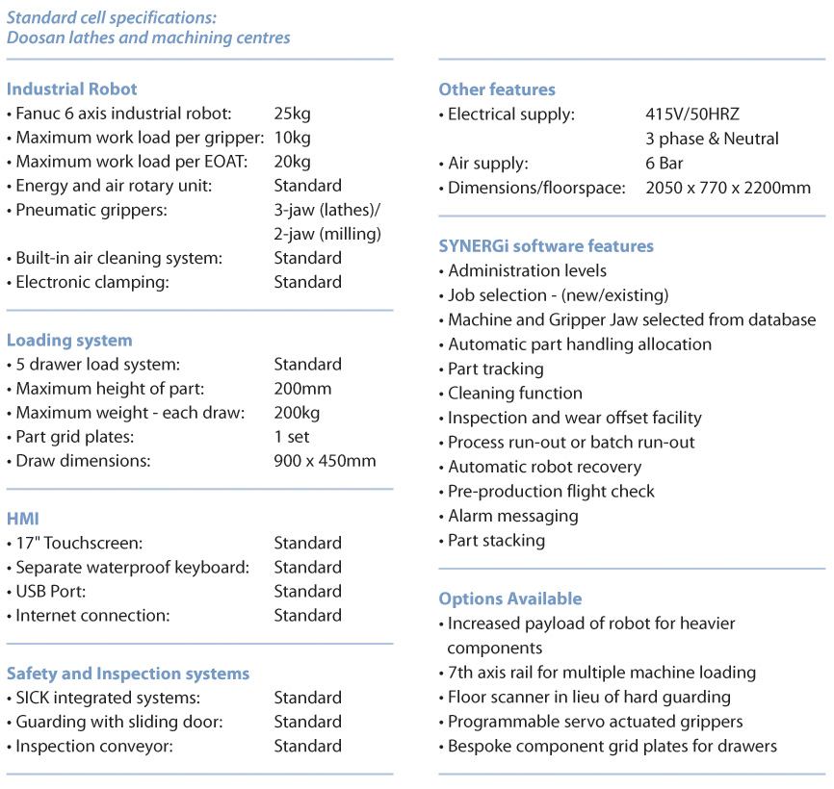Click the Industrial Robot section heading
click(x=72, y=89)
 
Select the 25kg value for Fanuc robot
click(x=292, y=114)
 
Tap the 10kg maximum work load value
click(x=292, y=138)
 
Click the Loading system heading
click(x=69, y=341)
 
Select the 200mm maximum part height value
click(x=302, y=389)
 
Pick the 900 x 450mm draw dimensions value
click(x=325, y=461)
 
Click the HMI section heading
click(x=22, y=519)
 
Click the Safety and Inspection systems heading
click(x=128, y=674)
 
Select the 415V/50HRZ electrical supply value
click(x=692, y=115)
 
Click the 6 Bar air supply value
click(x=665, y=164)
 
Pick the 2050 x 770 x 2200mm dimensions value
click(x=728, y=188)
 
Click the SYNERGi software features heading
click(x=546, y=246)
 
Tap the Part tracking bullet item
click(x=495, y=369)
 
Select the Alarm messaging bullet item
click(x=512, y=516)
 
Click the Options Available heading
click(x=510, y=598)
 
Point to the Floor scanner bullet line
click(x=588, y=697)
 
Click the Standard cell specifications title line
click(x=112, y=17)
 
